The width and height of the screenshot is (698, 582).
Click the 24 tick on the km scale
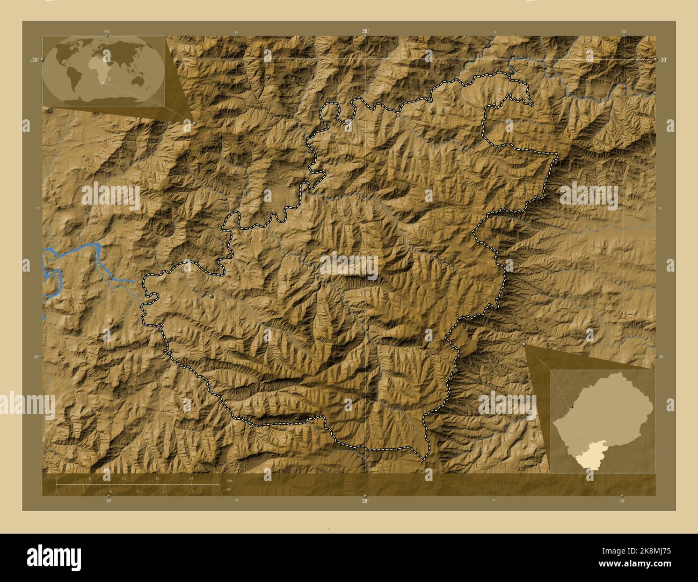click(x=191, y=478)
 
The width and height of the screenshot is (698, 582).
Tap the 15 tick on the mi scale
click(x=192, y=491)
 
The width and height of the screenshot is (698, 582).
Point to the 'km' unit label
click(x=229, y=480)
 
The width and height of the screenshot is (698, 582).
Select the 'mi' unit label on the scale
click(x=229, y=489)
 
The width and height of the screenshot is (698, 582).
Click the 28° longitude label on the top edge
click(x=365, y=32)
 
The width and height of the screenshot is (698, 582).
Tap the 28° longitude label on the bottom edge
click(x=365, y=501)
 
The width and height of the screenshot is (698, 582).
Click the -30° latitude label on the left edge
click(x=34, y=60)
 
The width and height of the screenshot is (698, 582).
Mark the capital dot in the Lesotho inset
click(x=573, y=408)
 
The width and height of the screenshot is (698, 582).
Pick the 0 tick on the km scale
click(x=57, y=478)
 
